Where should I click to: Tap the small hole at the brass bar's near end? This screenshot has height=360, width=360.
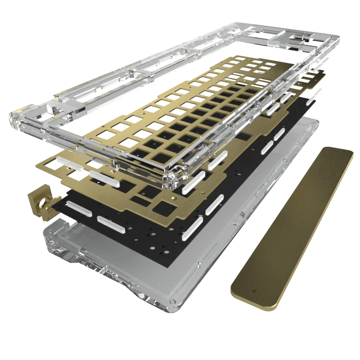click(x=255, y=292)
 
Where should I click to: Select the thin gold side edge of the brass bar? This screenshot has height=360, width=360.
click(x=310, y=234)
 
